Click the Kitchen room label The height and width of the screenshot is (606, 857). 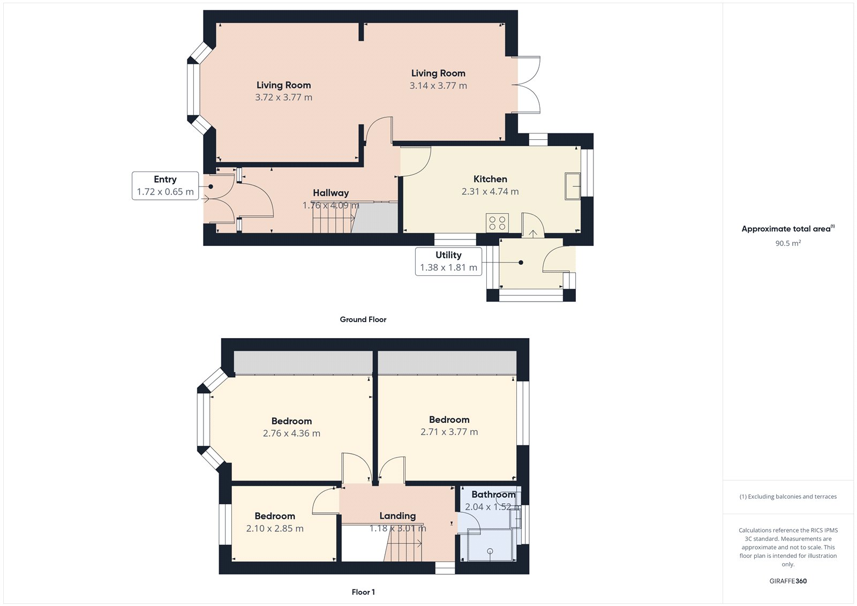[490, 179]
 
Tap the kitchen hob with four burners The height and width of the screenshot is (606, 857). [497, 223]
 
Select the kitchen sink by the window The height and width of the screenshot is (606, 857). [573, 186]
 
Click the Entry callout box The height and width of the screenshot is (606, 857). [165, 186]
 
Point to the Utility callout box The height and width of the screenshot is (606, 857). [448, 261]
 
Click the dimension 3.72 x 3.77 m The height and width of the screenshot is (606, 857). [283, 98]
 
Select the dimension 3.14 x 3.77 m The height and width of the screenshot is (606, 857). [438, 86]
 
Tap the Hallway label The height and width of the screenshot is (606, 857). [330, 193]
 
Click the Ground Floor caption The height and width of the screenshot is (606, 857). [363, 319]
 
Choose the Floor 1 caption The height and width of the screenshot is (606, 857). [363, 592]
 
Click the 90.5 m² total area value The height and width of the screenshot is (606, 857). [788, 243]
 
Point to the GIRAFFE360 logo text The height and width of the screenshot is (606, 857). [788, 581]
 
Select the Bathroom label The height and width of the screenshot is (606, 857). [493, 495]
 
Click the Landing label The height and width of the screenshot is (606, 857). [397, 516]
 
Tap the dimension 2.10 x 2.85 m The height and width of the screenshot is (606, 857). [275, 529]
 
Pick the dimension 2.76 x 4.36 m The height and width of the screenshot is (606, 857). [291, 433]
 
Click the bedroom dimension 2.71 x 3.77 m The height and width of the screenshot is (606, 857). [449, 432]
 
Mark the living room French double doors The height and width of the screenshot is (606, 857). [526, 85]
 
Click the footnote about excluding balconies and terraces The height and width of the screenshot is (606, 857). [788, 497]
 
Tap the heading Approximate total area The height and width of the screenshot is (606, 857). [786, 229]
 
